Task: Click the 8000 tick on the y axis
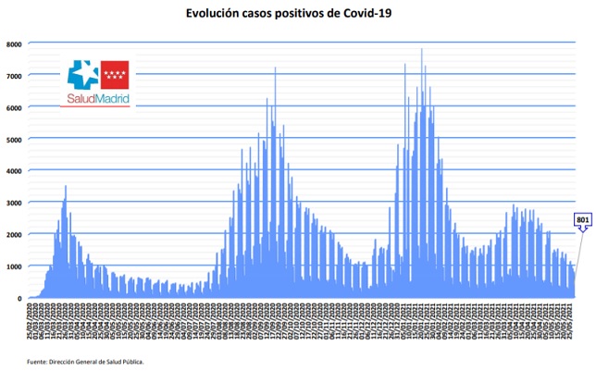pyautogui.click(x=14, y=44)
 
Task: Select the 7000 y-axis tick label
pyautogui.click(x=14, y=76)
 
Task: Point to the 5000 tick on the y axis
pyautogui.click(x=14, y=140)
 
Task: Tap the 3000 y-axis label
pyautogui.click(x=14, y=204)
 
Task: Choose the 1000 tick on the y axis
pyautogui.click(x=14, y=267)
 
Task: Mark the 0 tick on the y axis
pyautogui.click(x=19, y=299)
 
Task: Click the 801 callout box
pyautogui.click(x=583, y=219)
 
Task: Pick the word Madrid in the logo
pyautogui.click(x=112, y=98)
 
